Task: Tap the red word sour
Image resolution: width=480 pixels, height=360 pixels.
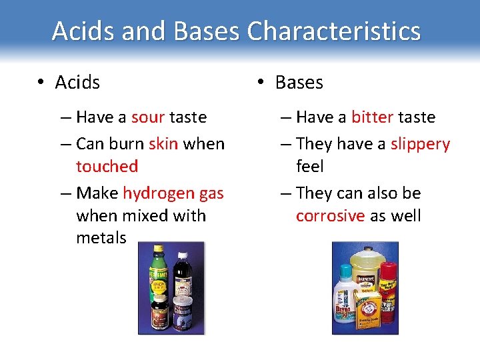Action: [147, 117]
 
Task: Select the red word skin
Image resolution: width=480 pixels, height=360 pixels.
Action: [163, 143]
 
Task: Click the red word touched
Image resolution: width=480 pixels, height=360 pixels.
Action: [107, 166]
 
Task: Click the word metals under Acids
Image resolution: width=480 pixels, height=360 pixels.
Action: [101, 238]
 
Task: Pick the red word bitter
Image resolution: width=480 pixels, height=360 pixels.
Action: [372, 117]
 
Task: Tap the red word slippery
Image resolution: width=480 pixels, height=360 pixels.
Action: [420, 144]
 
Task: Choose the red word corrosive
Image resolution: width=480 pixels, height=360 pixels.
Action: [330, 216]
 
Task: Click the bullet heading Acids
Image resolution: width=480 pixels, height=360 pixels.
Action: [77, 83]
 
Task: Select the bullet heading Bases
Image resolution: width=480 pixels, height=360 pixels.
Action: [299, 83]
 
